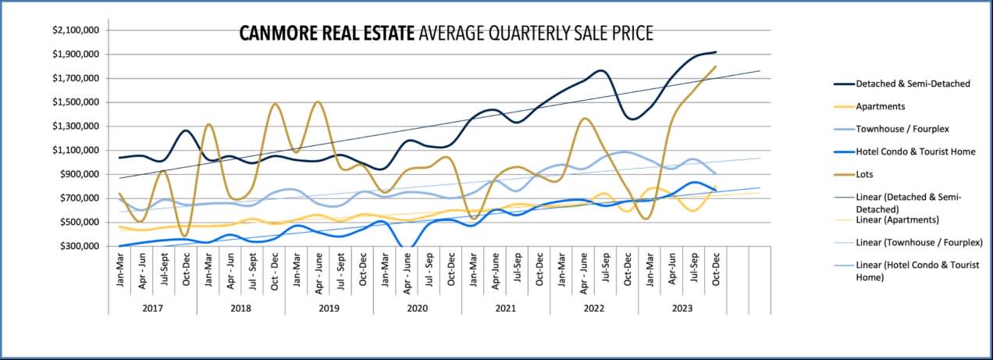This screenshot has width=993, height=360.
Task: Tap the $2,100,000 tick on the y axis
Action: [x=76, y=30]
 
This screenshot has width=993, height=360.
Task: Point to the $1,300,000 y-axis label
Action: [x=76, y=127]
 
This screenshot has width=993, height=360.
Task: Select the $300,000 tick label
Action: [x=81, y=247]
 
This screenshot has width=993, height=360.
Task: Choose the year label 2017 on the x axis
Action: [x=152, y=308]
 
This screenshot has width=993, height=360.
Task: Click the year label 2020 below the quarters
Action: [x=417, y=308]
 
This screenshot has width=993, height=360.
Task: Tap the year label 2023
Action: [x=682, y=308]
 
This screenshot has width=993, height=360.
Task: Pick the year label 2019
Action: [x=329, y=308]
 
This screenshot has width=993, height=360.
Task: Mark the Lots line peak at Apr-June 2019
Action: [x=318, y=102]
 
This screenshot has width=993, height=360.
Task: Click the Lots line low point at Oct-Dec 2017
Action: [x=185, y=236]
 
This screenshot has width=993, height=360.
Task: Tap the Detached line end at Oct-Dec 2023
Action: [x=716, y=52]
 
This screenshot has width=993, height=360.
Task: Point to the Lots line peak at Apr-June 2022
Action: [x=583, y=119]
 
